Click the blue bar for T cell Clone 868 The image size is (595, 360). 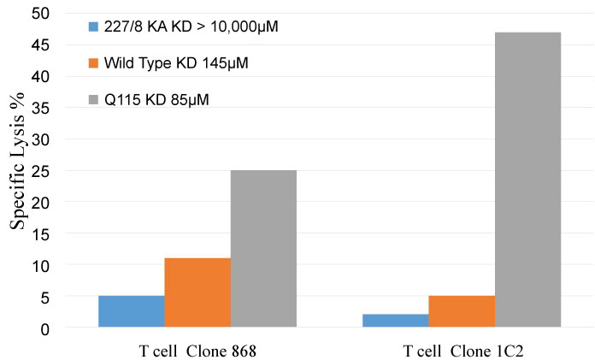pos(131,311)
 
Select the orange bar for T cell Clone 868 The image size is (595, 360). pos(197,292)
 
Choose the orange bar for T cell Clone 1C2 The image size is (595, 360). pos(462,311)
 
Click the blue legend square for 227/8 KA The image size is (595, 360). pos(93,27)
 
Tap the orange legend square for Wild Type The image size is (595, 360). pos(93,62)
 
